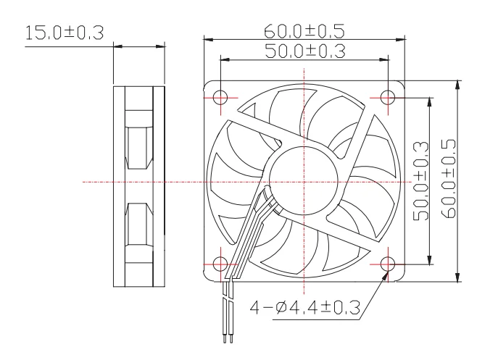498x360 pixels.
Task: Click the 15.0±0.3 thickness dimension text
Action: (65, 33)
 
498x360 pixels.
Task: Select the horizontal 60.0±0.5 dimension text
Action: (304, 31)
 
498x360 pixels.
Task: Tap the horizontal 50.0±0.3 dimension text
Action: (305, 51)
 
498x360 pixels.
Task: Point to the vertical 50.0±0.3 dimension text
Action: (421, 181)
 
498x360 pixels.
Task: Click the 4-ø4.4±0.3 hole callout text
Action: (305, 308)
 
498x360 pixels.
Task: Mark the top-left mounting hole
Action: (220, 97)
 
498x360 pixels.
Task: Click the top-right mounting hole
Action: (388, 97)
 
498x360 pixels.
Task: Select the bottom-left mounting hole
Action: (220, 264)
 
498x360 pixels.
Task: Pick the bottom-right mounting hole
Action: (388, 264)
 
